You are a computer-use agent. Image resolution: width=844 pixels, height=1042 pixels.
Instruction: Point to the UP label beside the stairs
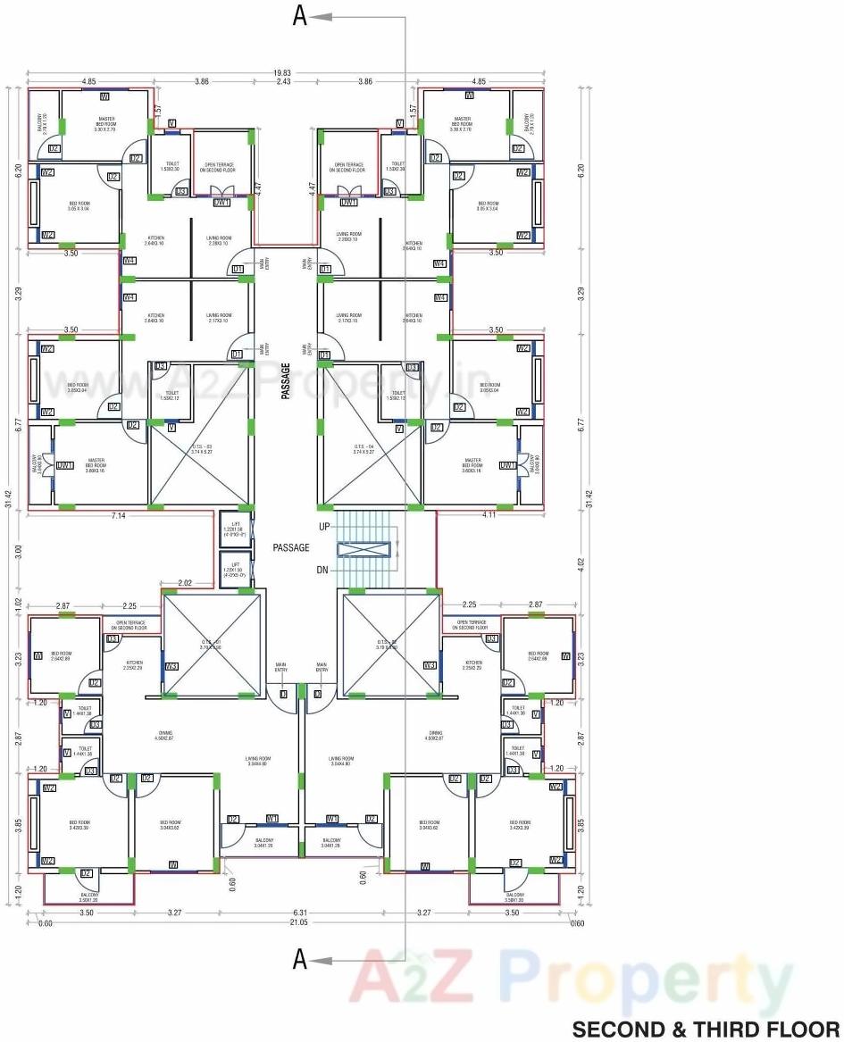pos(325,528)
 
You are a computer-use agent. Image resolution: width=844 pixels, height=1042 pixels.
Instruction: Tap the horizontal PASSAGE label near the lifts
pos(291,547)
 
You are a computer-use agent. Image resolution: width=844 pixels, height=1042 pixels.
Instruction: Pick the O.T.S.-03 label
pos(201,447)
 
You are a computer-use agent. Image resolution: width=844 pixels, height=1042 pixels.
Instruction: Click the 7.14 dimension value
pos(118,516)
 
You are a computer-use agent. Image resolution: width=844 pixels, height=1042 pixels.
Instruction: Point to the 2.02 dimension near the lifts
pos(185,583)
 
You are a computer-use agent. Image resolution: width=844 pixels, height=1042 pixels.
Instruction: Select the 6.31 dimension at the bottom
pos(300,913)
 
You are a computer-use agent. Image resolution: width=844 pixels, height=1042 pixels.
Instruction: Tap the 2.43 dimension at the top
pos(283,82)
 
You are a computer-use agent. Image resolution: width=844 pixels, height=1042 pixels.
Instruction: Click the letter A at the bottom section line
pos(300,960)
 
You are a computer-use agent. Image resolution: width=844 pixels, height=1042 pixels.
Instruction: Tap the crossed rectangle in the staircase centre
pos(364,549)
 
